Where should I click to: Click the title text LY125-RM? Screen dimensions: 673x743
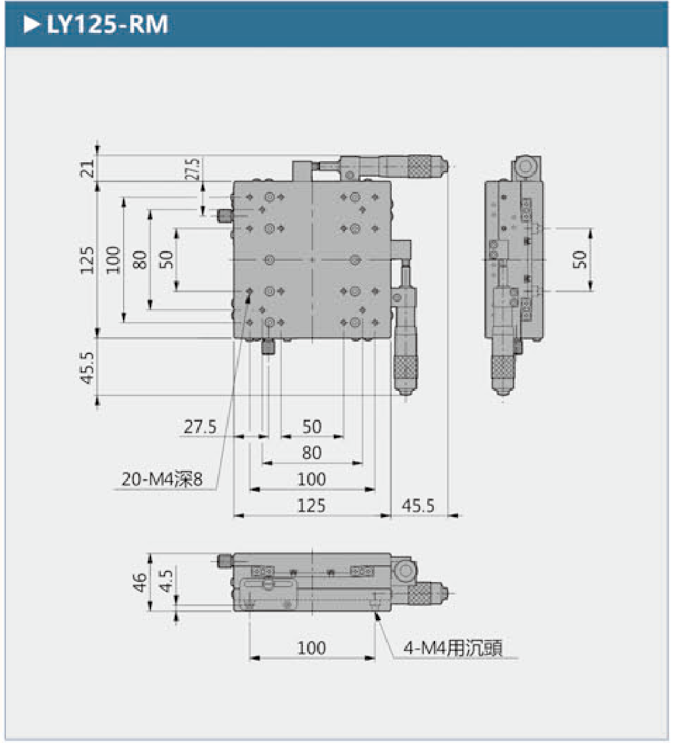click(x=107, y=25)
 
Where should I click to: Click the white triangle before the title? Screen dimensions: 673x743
click(x=32, y=25)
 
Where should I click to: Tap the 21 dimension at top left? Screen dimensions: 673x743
click(x=87, y=168)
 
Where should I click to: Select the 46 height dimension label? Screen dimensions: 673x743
click(x=139, y=582)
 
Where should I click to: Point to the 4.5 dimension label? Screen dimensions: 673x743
click(x=166, y=581)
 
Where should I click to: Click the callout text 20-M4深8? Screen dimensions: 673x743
click(x=162, y=479)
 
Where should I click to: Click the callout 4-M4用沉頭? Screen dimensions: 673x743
click(x=453, y=648)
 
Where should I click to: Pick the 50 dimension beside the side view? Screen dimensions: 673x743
click(x=579, y=259)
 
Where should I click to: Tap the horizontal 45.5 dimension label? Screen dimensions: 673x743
click(x=418, y=506)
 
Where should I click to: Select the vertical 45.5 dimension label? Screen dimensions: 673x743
click(x=87, y=367)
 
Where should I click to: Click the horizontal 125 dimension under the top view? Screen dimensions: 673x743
click(x=312, y=506)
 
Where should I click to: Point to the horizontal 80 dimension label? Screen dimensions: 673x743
click(x=312, y=453)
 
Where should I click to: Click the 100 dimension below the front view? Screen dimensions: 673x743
click(x=312, y=648)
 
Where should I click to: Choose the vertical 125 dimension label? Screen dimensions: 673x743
click(x=87, y=260)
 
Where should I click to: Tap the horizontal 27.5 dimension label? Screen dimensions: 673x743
click(x=200, y=427)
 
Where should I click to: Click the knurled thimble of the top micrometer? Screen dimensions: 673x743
click(x=419, y=166)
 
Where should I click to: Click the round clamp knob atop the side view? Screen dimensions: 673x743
click(x=526, y=166)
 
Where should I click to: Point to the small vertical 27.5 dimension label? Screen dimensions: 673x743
click(x=193, y=169)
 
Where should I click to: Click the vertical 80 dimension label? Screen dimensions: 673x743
click(x=139, y=260)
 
